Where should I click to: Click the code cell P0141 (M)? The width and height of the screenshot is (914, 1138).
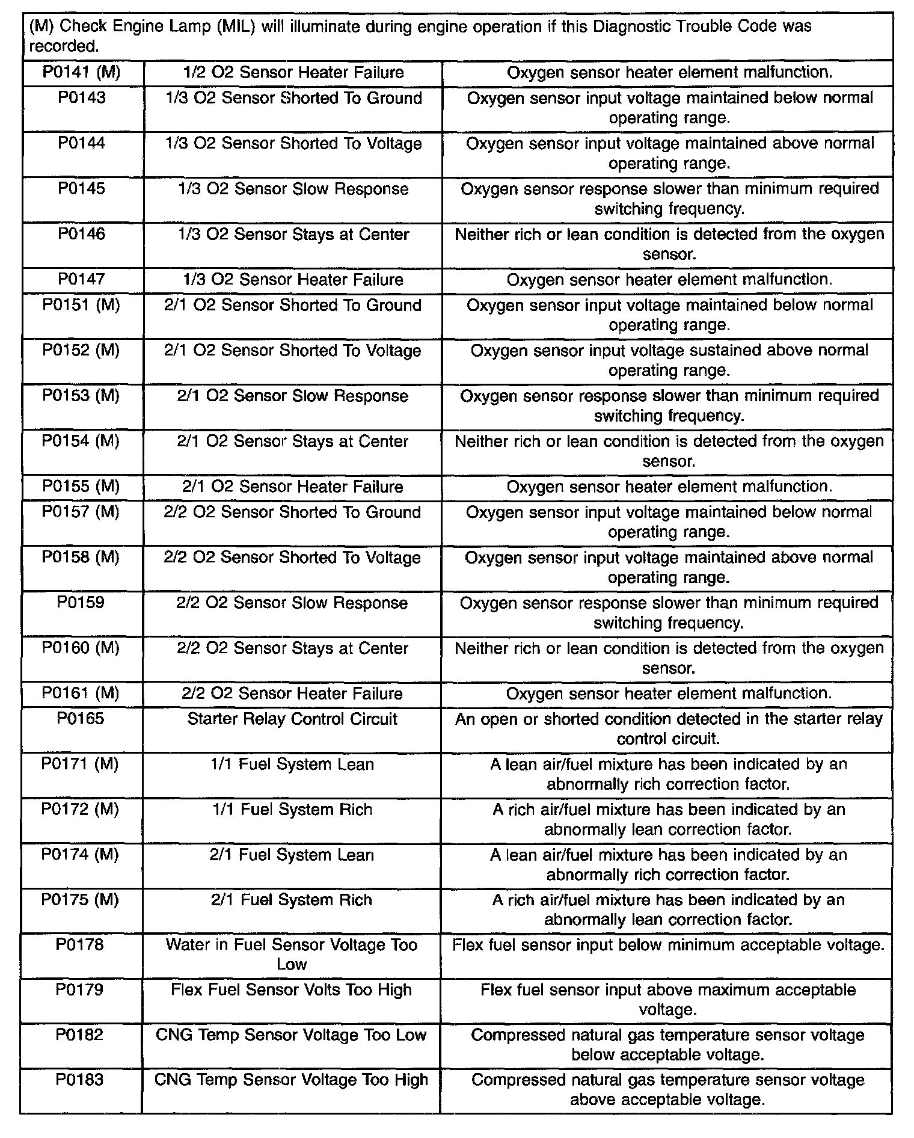pyautogui.click(x=81, y=73)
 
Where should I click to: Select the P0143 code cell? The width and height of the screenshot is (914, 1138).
pyautogui.click(x=81, y=98)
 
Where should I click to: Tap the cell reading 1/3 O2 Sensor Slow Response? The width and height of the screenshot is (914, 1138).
pyautogui.click(x=293, y=189)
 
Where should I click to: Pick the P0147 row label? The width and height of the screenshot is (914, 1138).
pyautogui.click(x=81, y=280)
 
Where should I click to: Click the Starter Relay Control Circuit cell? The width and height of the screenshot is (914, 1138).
pyautogui.click(x=292, y=719)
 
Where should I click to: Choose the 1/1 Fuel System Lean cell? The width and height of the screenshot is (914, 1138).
pyautogui.click(x=292, y=764)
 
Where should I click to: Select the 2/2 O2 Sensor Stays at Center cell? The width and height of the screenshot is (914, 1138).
pyautogui.click(x=292, y=648)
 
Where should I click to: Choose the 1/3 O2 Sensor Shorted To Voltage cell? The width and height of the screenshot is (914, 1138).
pyautogui.click(x=293, y=144)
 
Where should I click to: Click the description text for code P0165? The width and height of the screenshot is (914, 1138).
pyautogui.click(x=668, y=728)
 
